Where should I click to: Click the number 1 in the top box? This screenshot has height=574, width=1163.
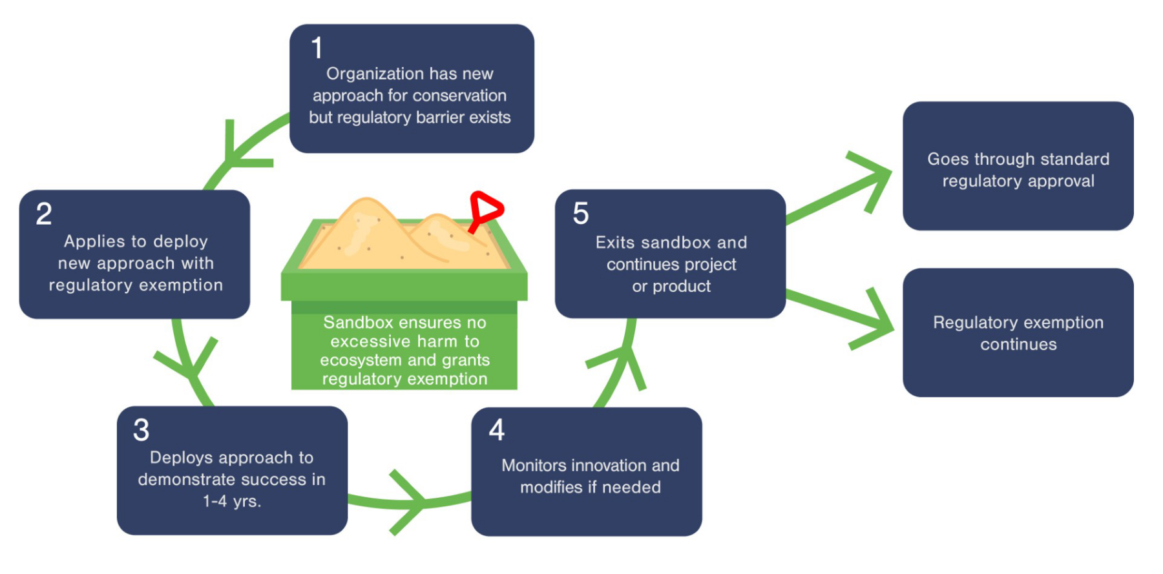click(317, 47)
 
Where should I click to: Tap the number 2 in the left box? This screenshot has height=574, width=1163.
click(43, 214)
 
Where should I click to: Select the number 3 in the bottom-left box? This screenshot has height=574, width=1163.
click(141, 430)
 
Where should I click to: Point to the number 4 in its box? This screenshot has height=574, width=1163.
click(496, 430)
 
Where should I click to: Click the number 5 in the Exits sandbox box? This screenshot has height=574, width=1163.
click(580, 213)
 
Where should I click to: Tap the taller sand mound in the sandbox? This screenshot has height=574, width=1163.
click(366, 229)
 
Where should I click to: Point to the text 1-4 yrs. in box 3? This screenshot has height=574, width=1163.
click(231, 501)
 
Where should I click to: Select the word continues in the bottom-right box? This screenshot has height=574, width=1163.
click(1018, 344)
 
